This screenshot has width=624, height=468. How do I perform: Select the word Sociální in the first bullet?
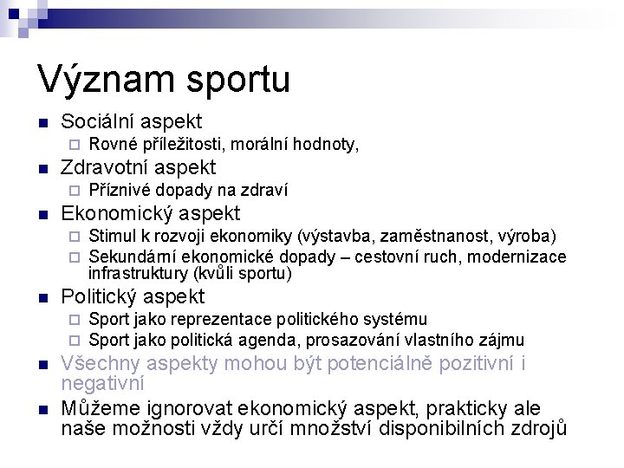[98, 121]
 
